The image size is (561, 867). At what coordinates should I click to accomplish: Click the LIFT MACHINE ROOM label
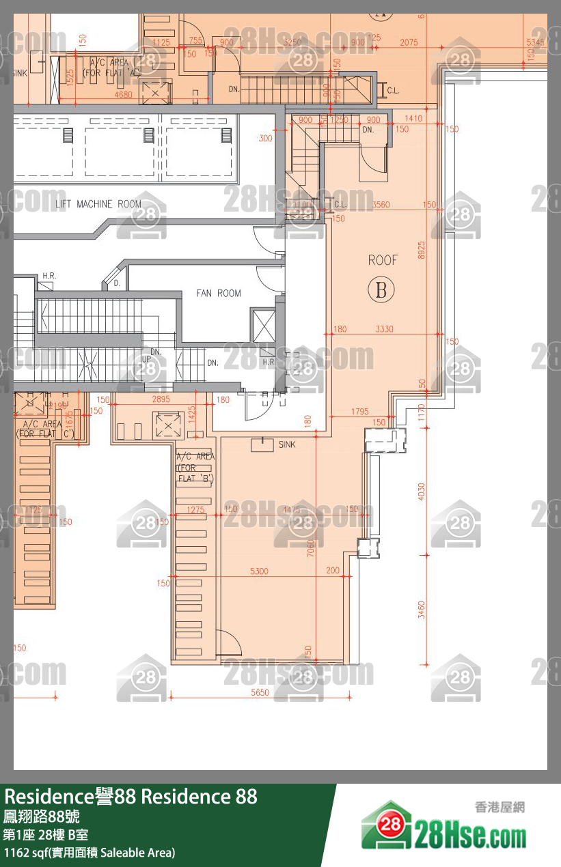(x=98, y=204)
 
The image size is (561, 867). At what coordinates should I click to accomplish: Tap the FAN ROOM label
(x=219, y=294)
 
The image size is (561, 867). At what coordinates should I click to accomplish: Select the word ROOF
(x=383, y=260)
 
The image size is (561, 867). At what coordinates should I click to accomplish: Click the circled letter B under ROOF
(x=381, y=290)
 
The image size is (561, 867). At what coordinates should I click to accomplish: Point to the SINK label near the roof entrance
(x=287, y=444)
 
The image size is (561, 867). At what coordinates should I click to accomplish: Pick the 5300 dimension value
(x=260, y=571)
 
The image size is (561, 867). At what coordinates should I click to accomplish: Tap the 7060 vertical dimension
(x=311, y=548)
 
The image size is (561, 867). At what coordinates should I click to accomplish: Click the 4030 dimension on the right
(x=422, y=492)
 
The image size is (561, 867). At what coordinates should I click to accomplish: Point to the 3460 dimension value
(x=422, y=610)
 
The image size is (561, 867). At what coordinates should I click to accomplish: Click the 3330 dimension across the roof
(x=385, y=329)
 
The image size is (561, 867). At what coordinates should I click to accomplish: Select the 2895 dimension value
(x=161, y=399)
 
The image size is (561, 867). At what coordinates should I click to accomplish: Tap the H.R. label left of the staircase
(x=49, y=276)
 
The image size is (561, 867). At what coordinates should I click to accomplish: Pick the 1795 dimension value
(x=360, y=412)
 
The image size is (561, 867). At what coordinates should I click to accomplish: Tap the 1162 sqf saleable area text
(x=90, y=852)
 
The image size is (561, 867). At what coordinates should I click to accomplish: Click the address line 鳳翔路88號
(x=42, y=816)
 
